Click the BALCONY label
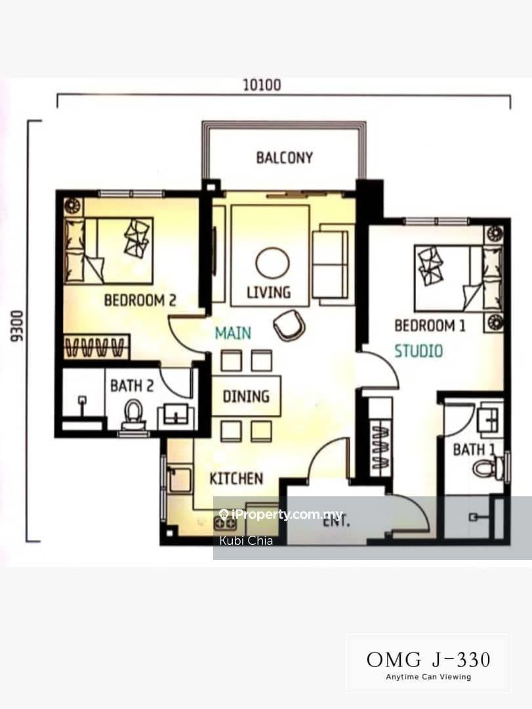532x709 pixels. click(x=284, y=158)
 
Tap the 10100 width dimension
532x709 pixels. click(x=262, y=85)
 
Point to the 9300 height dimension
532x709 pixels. click(x=16, y=326)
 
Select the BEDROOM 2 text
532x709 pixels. click(x=140, y=300)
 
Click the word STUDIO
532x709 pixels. click(x=419, y=351)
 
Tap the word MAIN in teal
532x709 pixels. click(x=233, y=333)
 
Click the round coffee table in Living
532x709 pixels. click(x=272, y=264)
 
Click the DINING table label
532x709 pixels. click(x=247, y=397)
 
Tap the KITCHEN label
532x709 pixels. click(x=236, y=479)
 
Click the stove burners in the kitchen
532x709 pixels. click(x=226, y=523)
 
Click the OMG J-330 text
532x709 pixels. click(x=428, y=660)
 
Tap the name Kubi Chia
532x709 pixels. click(x=246, y=540)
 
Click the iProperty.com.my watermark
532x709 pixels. click(x=281, y=514)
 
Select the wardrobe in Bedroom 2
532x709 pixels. click(x=96, y=347)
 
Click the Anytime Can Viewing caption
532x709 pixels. click(x=428, y=677)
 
